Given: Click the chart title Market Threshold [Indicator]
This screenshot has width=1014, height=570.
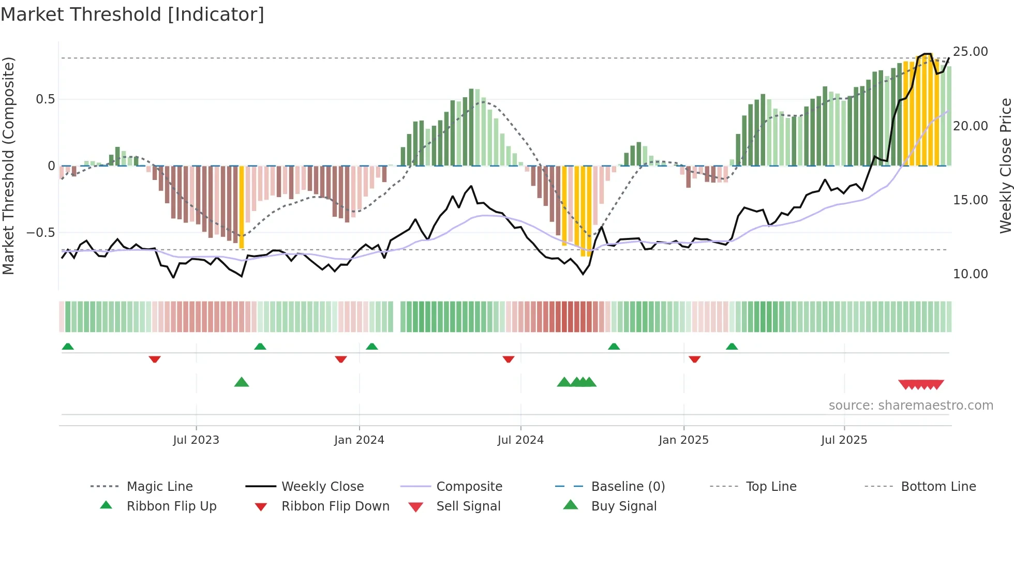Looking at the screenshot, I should [132, 14].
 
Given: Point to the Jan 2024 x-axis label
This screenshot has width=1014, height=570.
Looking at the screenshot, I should [359, 440].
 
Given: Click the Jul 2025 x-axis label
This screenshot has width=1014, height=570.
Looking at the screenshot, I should [844, 440].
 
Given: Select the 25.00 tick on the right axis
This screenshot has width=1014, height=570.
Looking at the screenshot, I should [970, 52].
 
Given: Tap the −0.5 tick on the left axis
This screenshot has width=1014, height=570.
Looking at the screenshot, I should [41, 233].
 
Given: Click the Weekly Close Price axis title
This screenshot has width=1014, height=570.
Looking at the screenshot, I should [1005, 166].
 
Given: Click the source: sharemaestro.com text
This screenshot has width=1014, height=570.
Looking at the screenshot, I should [911, 405].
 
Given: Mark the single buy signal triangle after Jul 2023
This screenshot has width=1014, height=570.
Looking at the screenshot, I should [242, 382].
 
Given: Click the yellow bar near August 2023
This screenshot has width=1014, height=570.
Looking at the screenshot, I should [242, 207].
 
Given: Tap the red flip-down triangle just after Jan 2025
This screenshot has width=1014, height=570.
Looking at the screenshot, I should [694, 359].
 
